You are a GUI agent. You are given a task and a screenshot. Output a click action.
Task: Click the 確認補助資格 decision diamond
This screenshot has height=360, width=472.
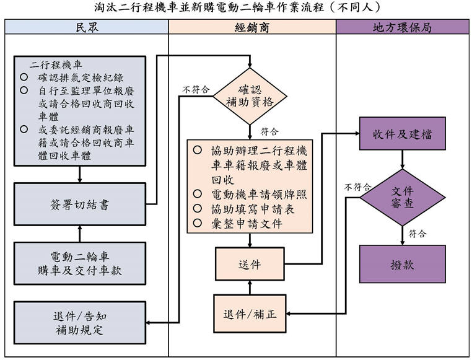[251, 96]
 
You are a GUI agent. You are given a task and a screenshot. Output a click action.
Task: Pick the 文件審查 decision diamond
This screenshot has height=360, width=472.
[403, 197]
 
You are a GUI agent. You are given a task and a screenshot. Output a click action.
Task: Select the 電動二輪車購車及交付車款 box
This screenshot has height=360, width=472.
[80, 265]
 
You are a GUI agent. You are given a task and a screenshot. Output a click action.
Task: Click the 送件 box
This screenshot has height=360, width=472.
[250, 265]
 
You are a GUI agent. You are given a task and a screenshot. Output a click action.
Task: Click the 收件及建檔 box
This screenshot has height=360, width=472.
[403, 133]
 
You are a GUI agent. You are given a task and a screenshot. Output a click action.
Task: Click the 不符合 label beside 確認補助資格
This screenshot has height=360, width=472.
[195, 90]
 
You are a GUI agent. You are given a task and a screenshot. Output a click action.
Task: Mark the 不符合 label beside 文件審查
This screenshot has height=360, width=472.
[359, 187]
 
